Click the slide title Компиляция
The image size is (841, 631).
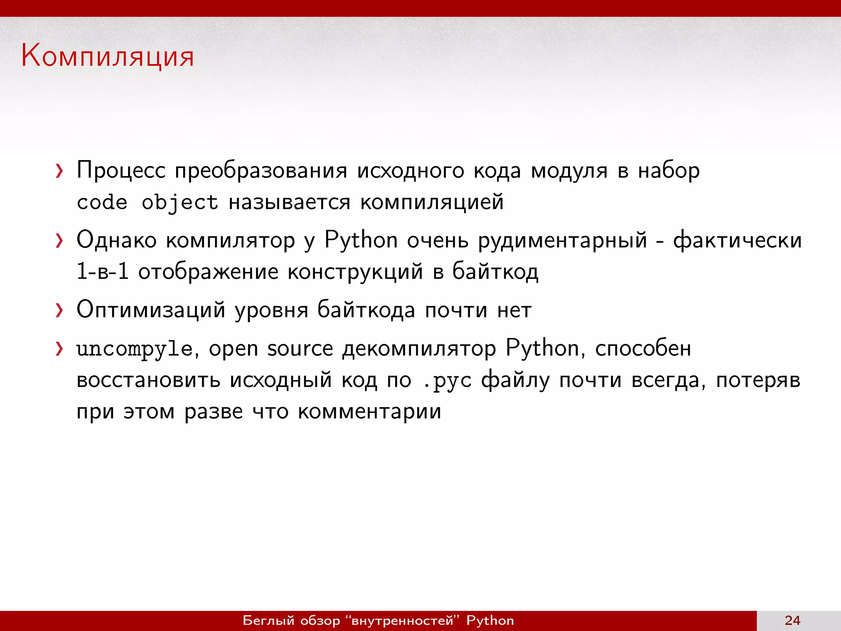108,56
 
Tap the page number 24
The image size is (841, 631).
792,620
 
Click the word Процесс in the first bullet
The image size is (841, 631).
121,170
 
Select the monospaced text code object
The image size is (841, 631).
147,203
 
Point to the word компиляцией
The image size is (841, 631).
432,202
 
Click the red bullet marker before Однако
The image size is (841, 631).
60,240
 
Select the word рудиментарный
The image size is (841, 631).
562,240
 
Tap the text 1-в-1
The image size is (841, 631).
103,272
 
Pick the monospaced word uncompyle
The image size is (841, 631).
134,349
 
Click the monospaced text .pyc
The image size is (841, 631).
447,381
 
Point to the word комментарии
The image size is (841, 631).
369,412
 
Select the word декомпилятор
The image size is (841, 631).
419,349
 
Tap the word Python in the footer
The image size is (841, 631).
490,620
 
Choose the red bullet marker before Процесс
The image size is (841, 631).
60,171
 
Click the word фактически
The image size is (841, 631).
737,240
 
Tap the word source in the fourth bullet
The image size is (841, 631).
300,349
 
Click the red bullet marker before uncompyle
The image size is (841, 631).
60,349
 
